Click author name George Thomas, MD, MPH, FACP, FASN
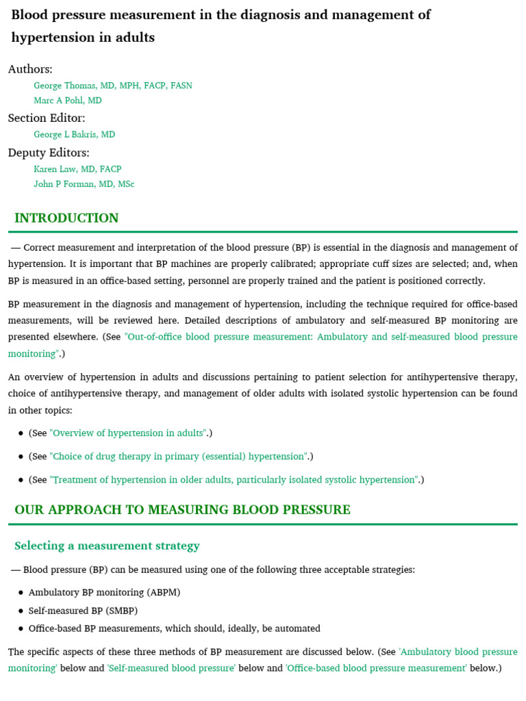click(113, 86)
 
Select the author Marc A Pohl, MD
click(68, 101)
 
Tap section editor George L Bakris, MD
click(75, 135)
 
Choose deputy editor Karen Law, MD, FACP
click(77, 169)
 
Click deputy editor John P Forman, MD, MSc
click(84, 184)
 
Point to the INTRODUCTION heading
click(66, 218)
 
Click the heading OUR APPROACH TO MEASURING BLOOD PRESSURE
click(182, 510)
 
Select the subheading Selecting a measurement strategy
click(107, 546)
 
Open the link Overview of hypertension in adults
click(129, 433)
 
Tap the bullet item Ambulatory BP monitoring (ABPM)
click(104, 592)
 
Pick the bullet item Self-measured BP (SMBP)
click(83, 611)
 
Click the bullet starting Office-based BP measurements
click(174, 628)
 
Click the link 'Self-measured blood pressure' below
click(171, 668)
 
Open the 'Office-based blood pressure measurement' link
click(376, 668)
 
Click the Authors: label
click(30, 69)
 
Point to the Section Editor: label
click(47, 118)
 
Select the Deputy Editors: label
click(49, 153)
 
